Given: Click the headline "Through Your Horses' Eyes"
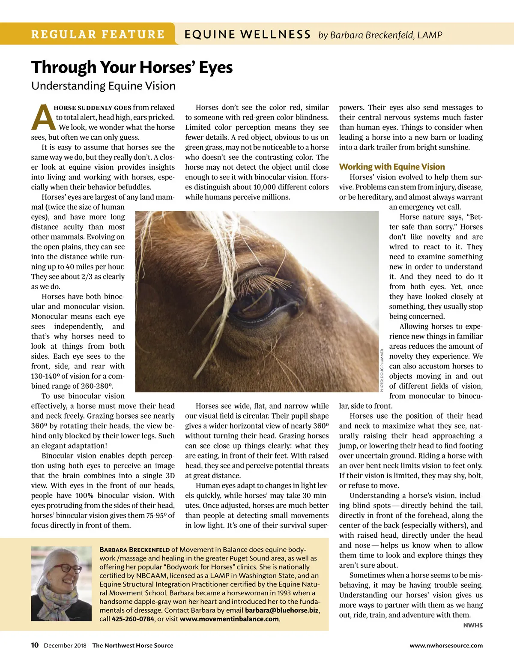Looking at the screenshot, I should click(132, 68).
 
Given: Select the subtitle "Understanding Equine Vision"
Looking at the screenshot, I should click(103, 86).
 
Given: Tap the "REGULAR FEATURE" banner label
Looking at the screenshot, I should click(98, 34).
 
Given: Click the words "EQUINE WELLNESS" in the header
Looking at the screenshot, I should click(248, 35).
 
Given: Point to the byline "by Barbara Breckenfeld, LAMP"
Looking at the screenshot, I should click(380, 35).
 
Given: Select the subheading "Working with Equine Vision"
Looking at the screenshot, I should click(392, 167).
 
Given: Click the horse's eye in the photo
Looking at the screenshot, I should click(253, 300).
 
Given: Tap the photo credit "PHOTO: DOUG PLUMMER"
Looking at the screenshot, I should click(382, 370).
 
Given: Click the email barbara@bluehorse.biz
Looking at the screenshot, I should click(281, 610).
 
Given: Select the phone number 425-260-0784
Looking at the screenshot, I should click(132, 619).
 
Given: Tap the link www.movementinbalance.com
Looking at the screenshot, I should click(229, 619).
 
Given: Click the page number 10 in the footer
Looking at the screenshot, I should click(35, 645).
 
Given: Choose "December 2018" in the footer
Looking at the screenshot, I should click(65, 646).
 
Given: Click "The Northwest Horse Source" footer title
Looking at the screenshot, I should click(133, 646).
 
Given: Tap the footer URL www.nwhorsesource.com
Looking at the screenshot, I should click(446, 646).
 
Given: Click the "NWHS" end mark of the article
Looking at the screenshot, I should click(473, 626).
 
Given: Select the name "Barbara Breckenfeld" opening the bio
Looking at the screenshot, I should click(134, 550).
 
